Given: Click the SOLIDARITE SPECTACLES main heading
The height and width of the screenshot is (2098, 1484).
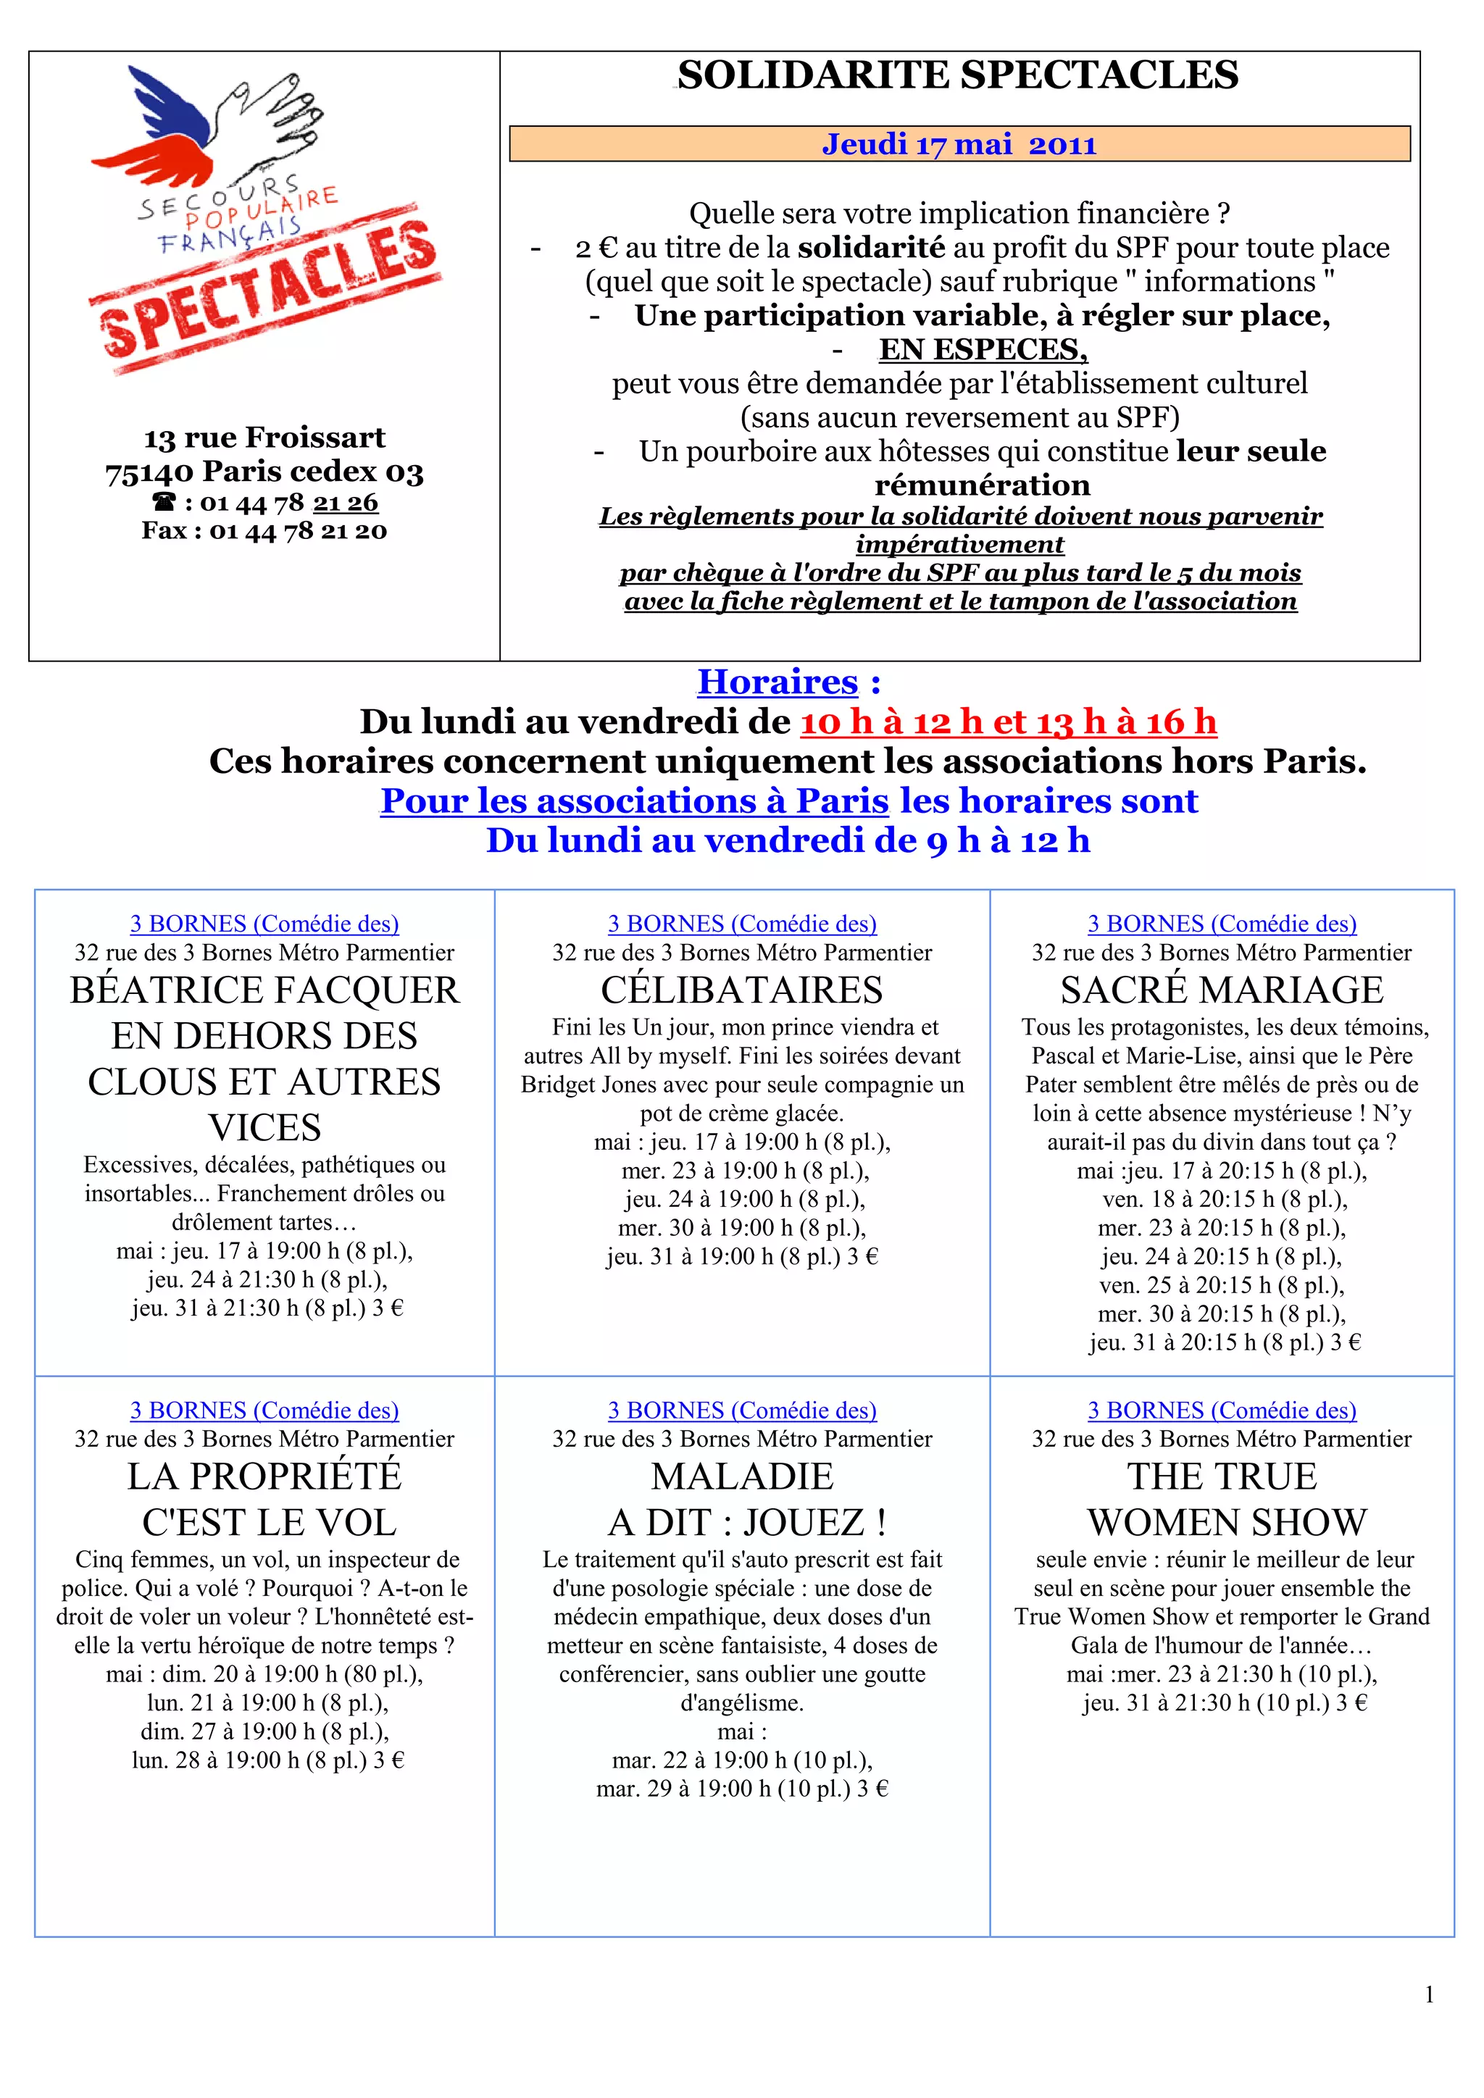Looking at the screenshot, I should [958, 75].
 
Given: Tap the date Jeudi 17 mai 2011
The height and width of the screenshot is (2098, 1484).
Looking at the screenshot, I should [959, 144].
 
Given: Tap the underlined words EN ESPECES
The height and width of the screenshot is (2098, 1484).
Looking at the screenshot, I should [983, 349].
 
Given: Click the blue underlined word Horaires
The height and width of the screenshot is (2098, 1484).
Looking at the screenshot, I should [777, 682].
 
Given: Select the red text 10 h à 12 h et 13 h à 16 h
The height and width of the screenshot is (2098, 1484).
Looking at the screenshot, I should [1008, 722].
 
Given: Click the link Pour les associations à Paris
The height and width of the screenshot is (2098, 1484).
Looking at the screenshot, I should [634, 801].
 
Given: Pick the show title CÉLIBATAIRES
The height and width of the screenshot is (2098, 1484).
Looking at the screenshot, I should [742, 990].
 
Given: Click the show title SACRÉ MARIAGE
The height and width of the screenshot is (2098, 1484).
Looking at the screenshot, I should [1222, 990].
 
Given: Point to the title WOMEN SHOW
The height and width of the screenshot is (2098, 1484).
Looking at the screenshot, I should [1226, 1522].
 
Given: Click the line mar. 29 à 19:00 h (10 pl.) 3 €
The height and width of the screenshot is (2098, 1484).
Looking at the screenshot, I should [742, 1788].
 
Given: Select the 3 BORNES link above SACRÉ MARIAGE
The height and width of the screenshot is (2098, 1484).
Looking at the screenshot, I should [1222, 924].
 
